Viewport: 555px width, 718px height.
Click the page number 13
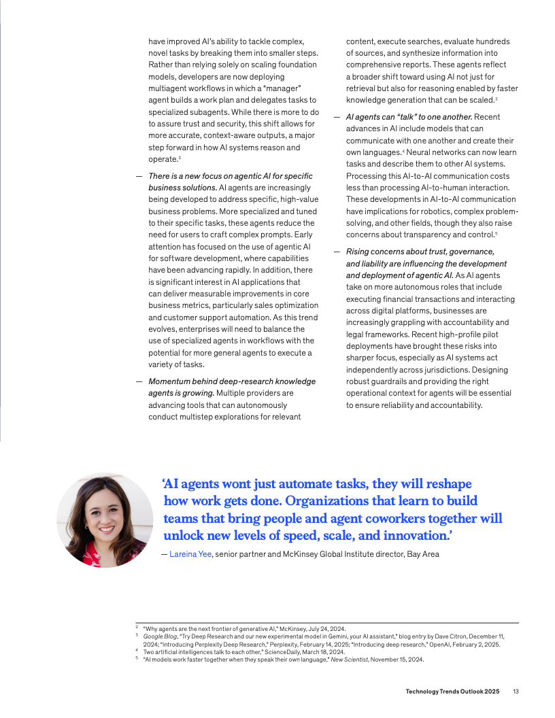pos(516,691)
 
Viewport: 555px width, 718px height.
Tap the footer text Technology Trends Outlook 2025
pos(452,691)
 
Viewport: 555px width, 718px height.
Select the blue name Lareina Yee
pos(191,554)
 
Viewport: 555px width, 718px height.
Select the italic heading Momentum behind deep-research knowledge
pos(232,381)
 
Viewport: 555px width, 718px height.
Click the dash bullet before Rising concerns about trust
pos(337,252)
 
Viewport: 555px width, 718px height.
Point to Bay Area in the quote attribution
pos(423,554)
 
